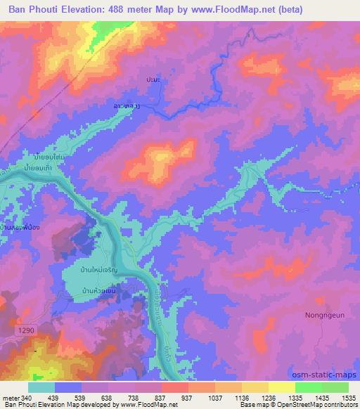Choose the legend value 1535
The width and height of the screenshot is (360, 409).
point(349,397)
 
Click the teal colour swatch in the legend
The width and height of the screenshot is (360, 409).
point(41,387)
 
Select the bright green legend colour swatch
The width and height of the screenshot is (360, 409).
point(308,387)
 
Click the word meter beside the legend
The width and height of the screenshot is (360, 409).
point(10,397)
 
